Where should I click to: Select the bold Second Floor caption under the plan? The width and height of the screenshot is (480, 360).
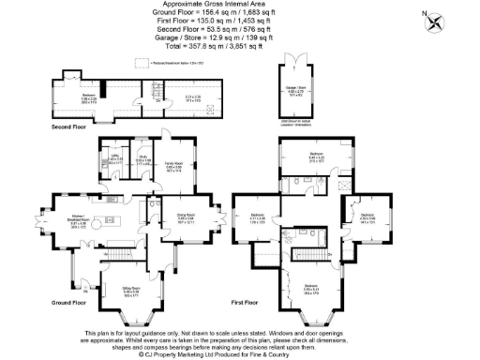tap(68, 124)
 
